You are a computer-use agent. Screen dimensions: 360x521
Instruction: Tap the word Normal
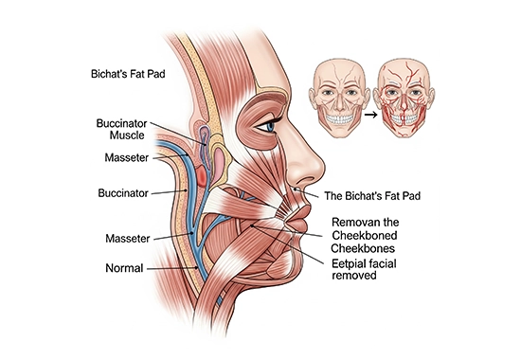click(124, 268)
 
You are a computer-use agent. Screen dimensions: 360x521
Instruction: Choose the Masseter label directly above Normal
click(125, 237)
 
